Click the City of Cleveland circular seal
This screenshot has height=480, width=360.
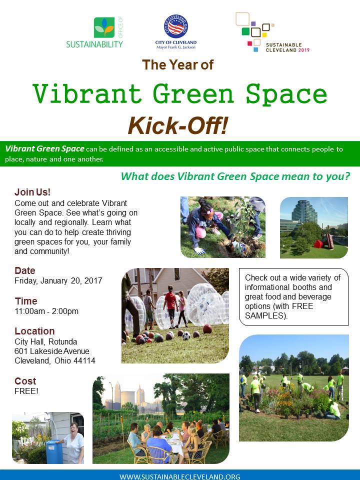click(x=175, y=26)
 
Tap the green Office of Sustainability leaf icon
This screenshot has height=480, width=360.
click(x=104, y=27)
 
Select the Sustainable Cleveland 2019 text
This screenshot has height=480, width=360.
click(x=287, y=47)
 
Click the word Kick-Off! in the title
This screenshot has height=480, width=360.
click(x=178, y=126)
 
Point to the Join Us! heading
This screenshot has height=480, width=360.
click(x=32, y=192)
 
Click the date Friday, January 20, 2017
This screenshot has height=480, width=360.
click(x=58, y=280)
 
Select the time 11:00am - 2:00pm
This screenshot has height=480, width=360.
click(x=46, y=311)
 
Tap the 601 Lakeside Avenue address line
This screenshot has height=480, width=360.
click(x=52, y=351)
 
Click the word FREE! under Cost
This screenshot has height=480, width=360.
click(x=26, y=391)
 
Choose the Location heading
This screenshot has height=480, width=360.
click(x=34, y=331)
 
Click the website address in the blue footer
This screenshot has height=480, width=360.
click(x=180, y=476)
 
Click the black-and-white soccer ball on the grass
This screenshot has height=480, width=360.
click(x=186, y=336)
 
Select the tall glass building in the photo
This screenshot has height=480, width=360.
click(x=304, y=211)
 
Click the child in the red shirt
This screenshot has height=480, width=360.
click(x=171, y=306)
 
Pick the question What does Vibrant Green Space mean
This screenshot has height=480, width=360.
click(x=235, y=176)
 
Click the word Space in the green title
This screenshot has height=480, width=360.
click(x=286, y=94)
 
